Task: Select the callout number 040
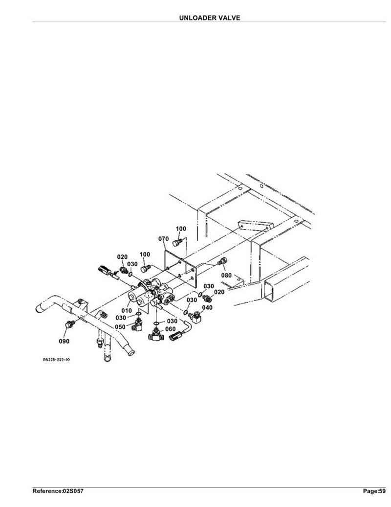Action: click(x=207, y=307)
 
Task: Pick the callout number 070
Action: click(x=163, y=239)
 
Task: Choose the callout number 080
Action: click(x=226, y=275)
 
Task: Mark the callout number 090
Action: click(x=64, y=341)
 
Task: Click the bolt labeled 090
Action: click(x=69, y=324)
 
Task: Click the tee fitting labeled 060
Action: click(x=155, y=335)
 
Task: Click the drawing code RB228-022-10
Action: click(x=56, y=359)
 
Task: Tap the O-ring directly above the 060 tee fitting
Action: click(x=155, y=323)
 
